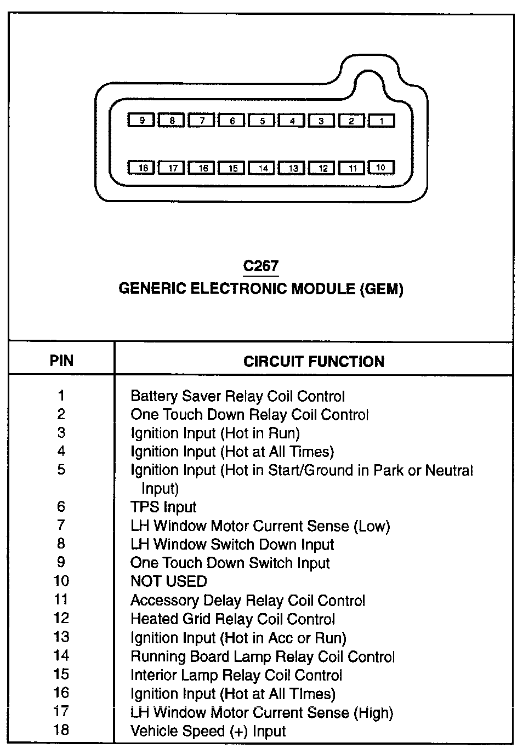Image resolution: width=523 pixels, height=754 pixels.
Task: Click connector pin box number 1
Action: (381, 121)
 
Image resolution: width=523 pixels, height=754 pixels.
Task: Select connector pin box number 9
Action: (141, 120)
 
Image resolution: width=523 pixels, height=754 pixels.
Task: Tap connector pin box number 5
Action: (261, 121)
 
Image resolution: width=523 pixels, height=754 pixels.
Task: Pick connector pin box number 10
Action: (381, 167)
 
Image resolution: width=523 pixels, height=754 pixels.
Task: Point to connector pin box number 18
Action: (142, 168)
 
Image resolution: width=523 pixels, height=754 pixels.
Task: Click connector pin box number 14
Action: (262, 168)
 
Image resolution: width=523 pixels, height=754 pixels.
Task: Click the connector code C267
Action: (261, 266)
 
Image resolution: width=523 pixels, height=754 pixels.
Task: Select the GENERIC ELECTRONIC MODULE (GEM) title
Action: (261, 289)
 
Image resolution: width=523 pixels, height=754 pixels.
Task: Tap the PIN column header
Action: (61, 361)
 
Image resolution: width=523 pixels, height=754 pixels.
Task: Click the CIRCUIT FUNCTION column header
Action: (314, 362)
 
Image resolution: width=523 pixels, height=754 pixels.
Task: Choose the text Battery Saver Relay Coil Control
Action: (237, 396)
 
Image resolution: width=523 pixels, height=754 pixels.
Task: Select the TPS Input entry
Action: (163, 507)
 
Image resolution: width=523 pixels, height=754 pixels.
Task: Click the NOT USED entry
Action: (169, 581)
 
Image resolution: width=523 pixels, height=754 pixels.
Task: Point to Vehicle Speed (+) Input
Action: (208, 731)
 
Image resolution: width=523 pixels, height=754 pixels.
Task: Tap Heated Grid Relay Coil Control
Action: (232, 619)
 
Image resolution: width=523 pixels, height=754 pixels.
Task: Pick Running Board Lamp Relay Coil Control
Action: (263, 656)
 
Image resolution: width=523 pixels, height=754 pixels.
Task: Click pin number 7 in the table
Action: (61, 525)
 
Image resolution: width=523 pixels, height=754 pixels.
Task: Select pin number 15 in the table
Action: (61, 675)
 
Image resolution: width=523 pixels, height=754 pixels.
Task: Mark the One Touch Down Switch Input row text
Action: (230, 563)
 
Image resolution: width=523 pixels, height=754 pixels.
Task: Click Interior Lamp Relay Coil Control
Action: (236, 675)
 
